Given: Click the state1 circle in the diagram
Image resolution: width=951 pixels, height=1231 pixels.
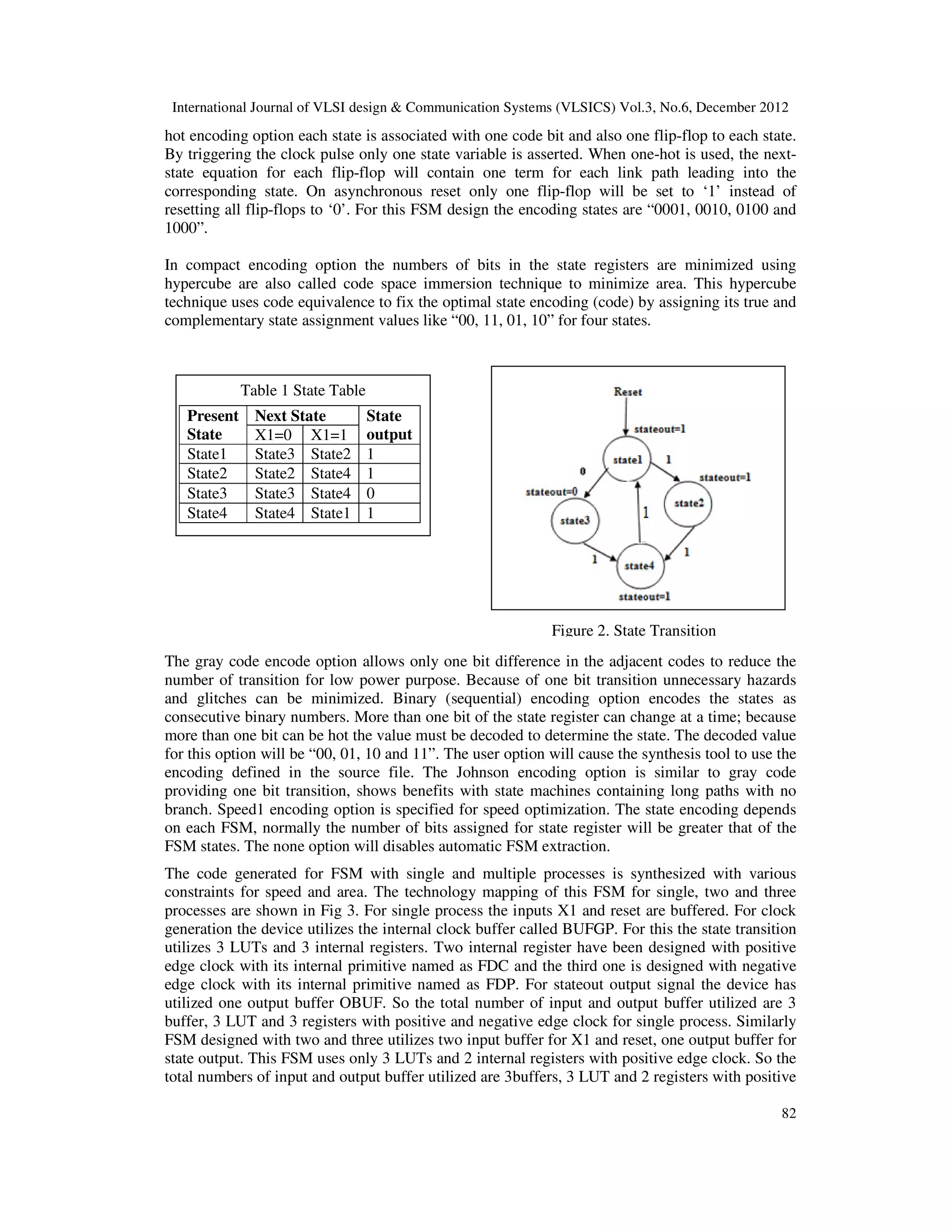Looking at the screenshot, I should (x=626, y=460).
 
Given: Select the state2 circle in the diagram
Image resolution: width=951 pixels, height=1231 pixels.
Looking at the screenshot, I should (x=688, y=504).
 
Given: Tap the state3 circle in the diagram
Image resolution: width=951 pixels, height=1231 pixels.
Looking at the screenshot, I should (x=575, y=520).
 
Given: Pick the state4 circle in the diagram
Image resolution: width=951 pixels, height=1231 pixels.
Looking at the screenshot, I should (x=640, y=566).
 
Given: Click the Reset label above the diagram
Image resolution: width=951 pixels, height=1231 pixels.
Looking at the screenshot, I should (x=628, y=392).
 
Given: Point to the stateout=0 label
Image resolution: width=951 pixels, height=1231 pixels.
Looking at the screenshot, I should (x=552, y=491).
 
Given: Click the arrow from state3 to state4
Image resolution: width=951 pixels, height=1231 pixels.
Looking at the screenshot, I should (x=600, y=552).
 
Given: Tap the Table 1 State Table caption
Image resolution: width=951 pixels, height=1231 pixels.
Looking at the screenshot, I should (x=303, y=390).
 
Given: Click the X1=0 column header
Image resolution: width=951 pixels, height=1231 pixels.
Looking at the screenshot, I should (x=274, y=435).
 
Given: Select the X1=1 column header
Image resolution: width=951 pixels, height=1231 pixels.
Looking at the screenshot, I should (x=330, y=435).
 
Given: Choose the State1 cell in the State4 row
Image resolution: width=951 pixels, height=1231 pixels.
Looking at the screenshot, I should (x=330, y=513).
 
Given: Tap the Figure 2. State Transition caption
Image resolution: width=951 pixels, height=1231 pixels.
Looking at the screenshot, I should (x=633, y=630).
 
